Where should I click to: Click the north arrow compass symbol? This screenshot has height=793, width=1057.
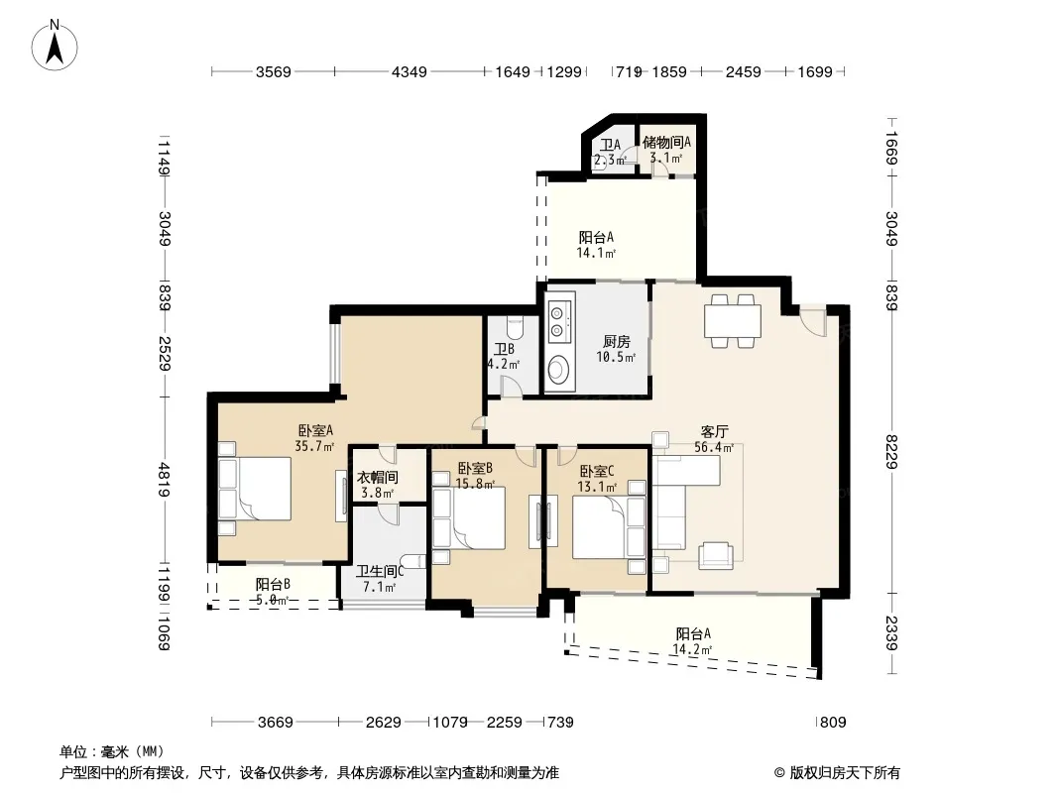click(x=55, y=46)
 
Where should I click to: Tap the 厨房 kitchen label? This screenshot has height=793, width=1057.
click(x=616, y=342)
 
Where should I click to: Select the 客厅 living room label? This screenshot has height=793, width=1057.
click(x=714, y=431)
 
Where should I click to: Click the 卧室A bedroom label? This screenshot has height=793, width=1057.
click(x=315, y=430)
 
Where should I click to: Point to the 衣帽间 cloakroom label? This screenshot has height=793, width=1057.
click(x=378, y=478)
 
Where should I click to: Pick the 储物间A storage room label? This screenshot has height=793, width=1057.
click(x=666, y=142)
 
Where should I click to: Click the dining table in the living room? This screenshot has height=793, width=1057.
click(x=733, y=321)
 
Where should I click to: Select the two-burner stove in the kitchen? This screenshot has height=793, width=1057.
click(x=560, y=321)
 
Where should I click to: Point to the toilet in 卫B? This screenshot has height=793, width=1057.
click(x=514, y=327)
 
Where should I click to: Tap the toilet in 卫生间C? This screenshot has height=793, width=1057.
click(x=412, y=561)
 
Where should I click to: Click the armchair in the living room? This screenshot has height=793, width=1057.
click(x=715, y=555)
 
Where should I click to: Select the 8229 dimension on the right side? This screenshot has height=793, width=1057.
click(x=891, y=452)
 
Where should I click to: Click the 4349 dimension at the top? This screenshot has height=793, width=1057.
click(x=410, y=71)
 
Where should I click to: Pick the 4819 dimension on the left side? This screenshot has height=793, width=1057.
click(x=164, y=480)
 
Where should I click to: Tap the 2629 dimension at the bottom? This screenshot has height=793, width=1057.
click(x=384, y=723)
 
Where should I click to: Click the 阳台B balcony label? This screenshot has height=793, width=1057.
click(x=273, y=584)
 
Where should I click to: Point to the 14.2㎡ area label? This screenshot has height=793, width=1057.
click(x=692, y=649)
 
